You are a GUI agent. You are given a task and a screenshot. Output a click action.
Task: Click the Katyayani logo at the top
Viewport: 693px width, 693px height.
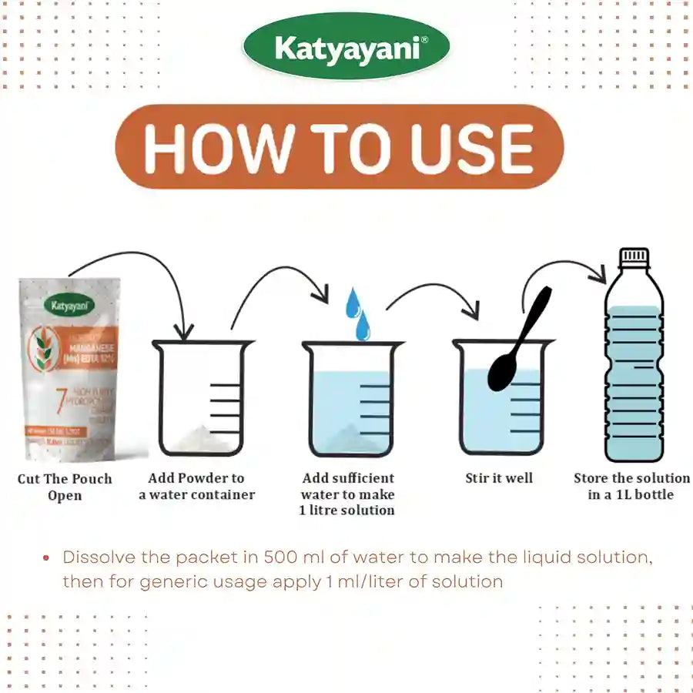tap(346, 50)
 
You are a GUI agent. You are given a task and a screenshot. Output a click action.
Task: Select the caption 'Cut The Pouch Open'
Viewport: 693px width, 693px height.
tap(65, 487)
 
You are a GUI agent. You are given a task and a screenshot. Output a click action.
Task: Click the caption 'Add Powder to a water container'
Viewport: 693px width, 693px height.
tap(196, 487)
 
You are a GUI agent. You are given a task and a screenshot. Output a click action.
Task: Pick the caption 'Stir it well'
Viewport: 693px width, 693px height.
tap(499, 478)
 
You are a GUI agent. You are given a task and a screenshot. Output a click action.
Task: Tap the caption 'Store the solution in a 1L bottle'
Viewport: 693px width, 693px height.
tap(631, 487)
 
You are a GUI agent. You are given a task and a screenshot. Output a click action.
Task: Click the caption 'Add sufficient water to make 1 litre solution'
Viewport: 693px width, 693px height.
tap(347, 494)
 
